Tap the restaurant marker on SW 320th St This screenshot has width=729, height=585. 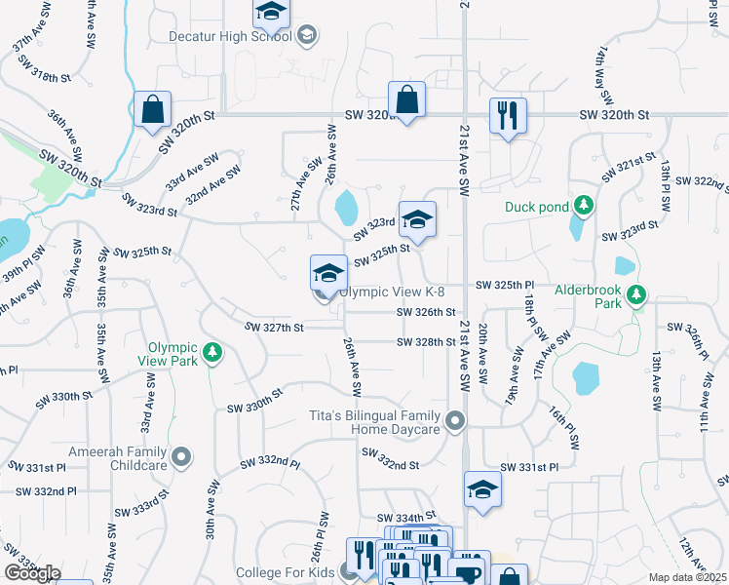point(508,116)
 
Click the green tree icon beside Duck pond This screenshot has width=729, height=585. point(584,206)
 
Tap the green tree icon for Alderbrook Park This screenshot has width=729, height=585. point(636,292)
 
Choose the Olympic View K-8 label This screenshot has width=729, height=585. point(393,292)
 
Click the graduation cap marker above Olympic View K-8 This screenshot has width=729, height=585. point(329,272)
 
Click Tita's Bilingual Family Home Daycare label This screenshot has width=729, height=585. point(382,422)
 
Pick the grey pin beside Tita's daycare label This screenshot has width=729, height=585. point(454,422)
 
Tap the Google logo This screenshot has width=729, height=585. point(32,572)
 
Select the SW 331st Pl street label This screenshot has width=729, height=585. point(529,468)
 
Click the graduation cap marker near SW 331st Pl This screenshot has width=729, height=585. point(481,490)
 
